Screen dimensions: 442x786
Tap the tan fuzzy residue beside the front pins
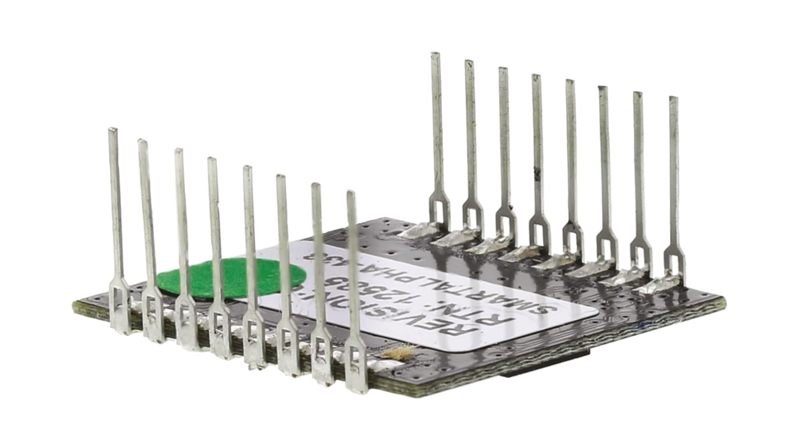[399, 352]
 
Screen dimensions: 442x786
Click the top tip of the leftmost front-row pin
[112, 130]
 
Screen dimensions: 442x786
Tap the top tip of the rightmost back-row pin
[673, 99]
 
